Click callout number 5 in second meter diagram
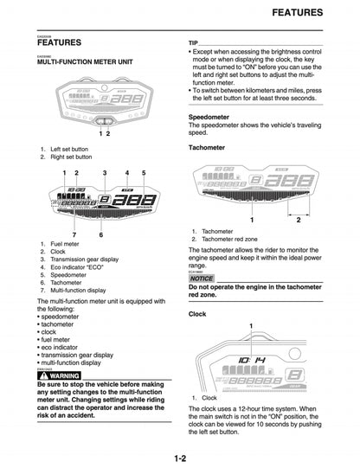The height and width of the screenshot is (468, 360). (x=144, y=173)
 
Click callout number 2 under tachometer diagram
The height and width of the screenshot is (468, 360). (x=298, y=221)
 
